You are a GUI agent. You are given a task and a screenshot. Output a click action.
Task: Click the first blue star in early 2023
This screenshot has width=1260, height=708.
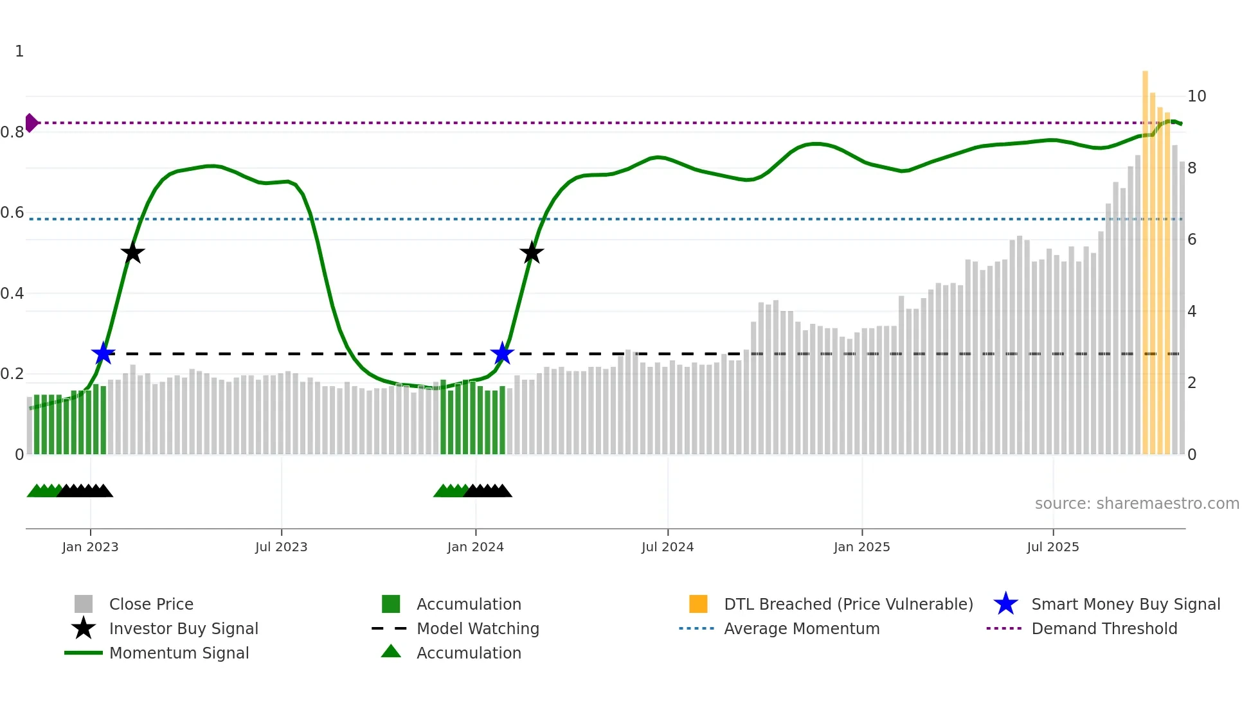pos(103,353)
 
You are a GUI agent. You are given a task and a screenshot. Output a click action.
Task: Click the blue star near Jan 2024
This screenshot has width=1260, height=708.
pos(502,353)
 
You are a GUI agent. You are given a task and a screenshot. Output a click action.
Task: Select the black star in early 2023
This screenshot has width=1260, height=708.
pos(132,252)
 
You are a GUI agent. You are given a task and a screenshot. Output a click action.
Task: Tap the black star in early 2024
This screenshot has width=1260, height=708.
pos(532,252)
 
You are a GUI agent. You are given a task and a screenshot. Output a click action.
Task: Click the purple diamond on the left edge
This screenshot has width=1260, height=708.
pos(31,123)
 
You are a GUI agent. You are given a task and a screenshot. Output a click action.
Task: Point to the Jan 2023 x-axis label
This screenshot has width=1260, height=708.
pos(90,547)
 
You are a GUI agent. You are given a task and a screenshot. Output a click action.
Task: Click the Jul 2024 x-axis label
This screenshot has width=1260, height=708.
pos(667,547)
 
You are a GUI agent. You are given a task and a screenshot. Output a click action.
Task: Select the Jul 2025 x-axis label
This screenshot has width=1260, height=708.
pos(1052,547)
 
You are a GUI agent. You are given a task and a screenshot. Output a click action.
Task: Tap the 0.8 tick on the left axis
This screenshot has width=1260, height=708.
pos(12,132)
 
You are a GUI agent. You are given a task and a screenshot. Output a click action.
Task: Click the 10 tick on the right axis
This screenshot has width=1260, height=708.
pos(1196,96)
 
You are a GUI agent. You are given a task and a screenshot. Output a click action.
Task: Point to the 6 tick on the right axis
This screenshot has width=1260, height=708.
pos(1192,240)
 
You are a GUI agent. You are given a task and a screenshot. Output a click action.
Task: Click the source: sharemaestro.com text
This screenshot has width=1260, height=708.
pos(1137,504)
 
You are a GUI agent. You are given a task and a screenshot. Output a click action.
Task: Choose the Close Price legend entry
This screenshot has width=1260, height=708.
pos(151,604)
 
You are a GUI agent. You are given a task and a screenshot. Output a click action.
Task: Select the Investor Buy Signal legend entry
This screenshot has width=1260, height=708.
pos(183,628)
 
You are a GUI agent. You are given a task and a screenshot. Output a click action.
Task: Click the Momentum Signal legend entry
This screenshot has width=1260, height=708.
pos(179,653)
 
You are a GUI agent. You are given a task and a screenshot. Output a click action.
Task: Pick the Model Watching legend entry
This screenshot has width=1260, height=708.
pos(478,628)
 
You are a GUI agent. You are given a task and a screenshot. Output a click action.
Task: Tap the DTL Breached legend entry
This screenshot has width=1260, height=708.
pos(848,604)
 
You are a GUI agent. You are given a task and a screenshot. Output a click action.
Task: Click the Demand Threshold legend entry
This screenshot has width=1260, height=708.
pos(1104,628)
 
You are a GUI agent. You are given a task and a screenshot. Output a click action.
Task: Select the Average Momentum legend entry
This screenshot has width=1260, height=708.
pos(802,628)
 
